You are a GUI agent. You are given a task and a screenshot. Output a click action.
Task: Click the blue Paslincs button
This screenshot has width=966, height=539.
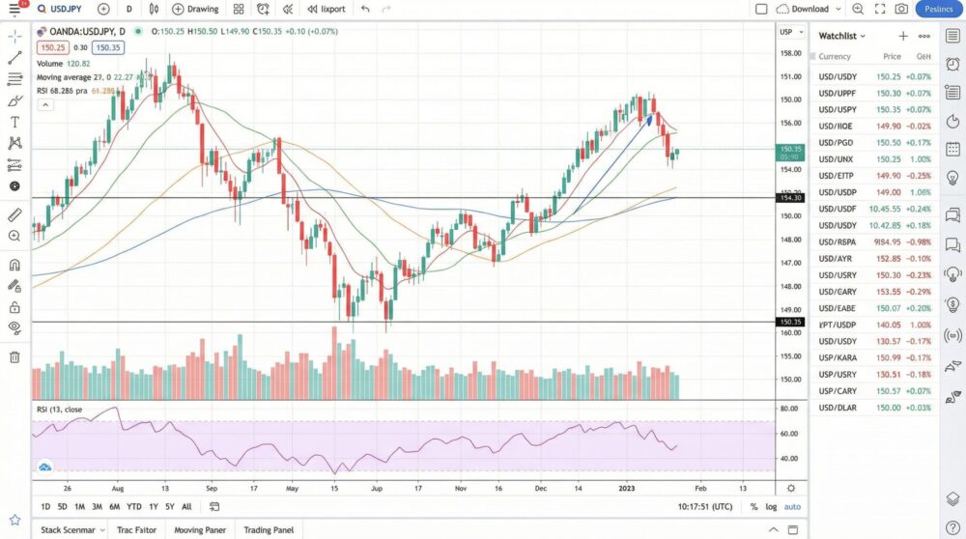click(x=938, y=9)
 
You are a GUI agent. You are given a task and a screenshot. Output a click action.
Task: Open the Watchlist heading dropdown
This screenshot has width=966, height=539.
click(x=842, y=36)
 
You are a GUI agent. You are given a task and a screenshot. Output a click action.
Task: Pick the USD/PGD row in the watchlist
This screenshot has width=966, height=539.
click(x=838, y=143)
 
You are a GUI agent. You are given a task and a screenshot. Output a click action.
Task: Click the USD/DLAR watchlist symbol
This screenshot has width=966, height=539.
click(x=838, y=408)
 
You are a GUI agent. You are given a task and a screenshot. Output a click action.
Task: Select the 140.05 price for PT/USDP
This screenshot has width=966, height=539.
click(x=889, y=326)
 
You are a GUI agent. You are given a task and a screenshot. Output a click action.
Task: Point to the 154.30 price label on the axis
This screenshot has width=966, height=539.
click(x=791, y=198)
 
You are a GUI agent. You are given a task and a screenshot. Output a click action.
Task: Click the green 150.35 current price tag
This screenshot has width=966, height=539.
click(x=791, y=150)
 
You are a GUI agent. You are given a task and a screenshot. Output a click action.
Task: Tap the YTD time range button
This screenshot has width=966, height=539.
click(x=134, y=507)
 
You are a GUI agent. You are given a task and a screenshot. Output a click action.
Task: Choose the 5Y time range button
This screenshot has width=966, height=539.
click(x=169, y=507)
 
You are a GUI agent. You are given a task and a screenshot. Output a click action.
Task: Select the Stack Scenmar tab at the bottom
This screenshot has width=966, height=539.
click(x=69, y=530)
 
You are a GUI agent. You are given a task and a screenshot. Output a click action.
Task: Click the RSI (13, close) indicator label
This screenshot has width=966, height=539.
click(x=60, y=410)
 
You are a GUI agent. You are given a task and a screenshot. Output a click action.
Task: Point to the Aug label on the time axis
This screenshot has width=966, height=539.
click(x=119, y=489)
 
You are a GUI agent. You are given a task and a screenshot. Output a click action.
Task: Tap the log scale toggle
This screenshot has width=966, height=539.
click(x=771, y=507)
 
